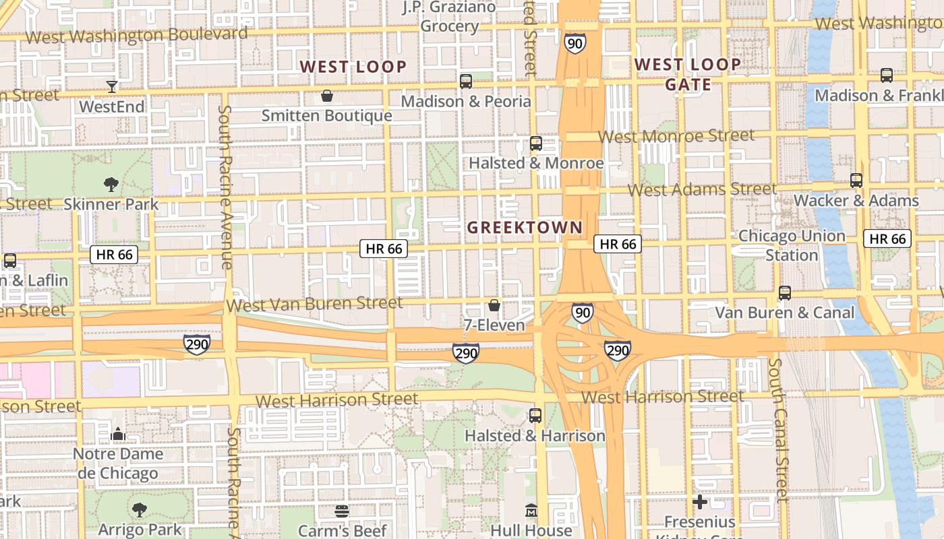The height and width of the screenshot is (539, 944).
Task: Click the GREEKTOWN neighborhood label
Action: point(525,228)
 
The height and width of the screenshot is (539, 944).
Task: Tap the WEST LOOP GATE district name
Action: point(688,74)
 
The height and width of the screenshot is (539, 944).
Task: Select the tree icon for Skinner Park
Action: point(111,184)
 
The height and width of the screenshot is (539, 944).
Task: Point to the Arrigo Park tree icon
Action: point(140,509)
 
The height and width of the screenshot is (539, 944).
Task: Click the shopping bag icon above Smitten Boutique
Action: point(327,96)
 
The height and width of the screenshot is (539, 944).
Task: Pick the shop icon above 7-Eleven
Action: point(494,305)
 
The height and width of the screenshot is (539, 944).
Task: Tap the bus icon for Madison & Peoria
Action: point(466,82)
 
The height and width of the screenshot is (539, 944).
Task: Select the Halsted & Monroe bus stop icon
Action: point(536,144)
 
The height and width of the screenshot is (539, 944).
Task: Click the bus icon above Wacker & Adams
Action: point(856,181)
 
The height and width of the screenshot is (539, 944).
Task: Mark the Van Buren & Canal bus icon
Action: point(785,293)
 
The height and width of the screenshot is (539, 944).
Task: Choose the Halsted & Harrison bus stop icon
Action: point(535,416)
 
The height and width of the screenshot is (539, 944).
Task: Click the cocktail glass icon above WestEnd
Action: point(112,86)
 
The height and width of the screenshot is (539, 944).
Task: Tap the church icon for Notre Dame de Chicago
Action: point(119,434)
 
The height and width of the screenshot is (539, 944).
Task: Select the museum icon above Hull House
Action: point(531,510)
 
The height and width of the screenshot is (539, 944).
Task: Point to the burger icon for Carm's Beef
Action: point(342,511)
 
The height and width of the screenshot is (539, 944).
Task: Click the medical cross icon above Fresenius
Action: point(700,502)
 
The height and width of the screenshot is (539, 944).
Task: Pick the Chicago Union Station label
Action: point(792,246)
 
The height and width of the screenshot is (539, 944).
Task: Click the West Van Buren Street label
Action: point(315,305)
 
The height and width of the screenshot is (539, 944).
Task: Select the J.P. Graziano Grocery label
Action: point(450,17)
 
